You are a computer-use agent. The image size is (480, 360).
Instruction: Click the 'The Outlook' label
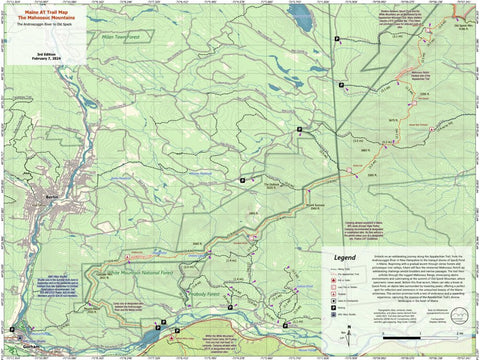(x=272, y=185)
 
